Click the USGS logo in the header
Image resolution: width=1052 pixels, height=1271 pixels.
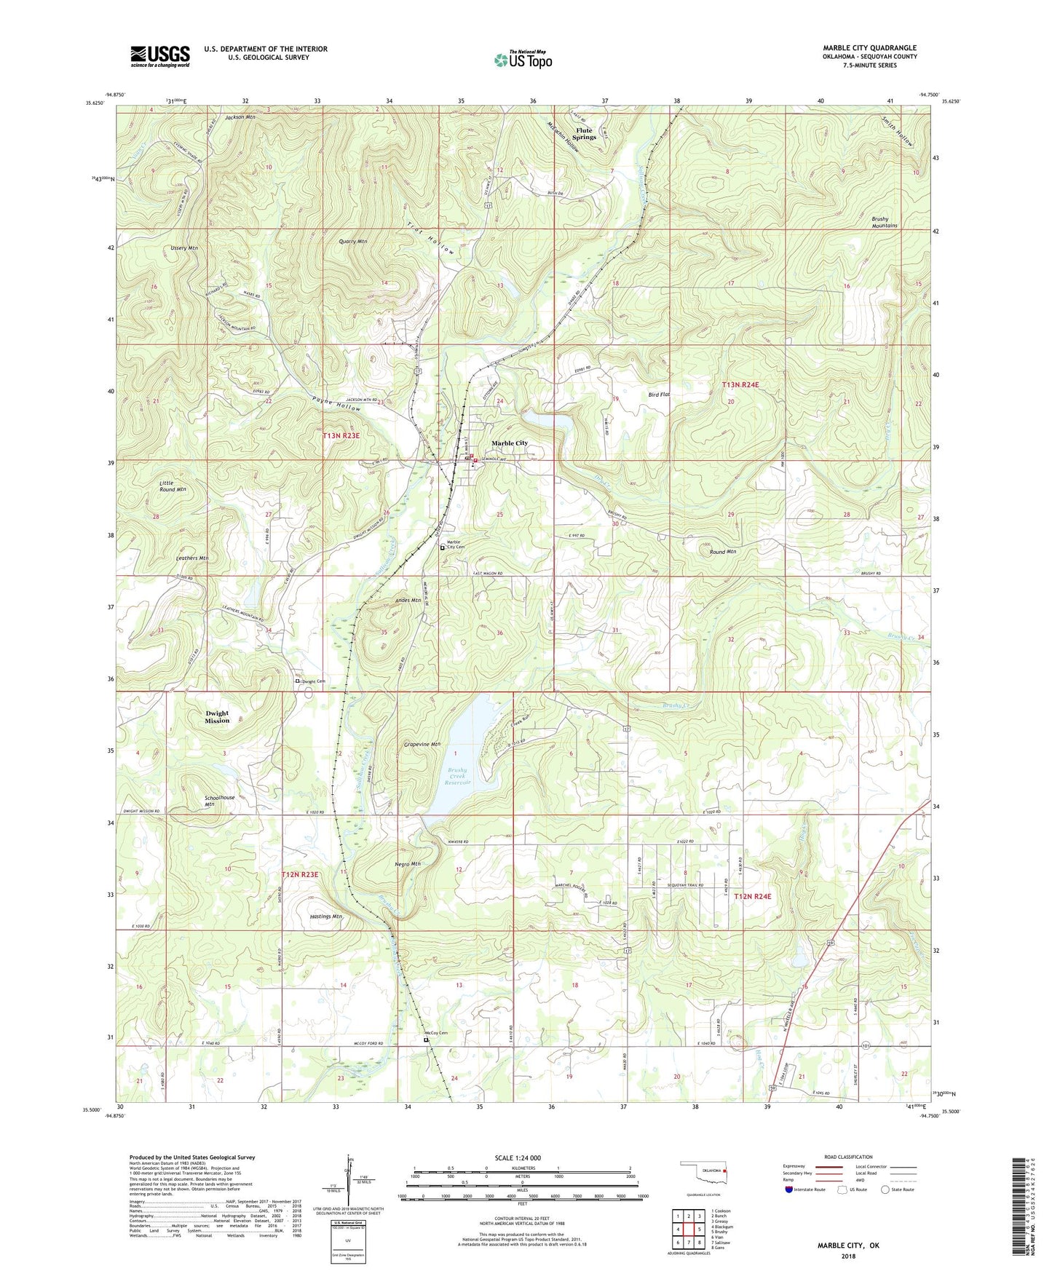(159, 56)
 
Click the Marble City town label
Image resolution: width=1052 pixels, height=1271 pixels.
(509, 443)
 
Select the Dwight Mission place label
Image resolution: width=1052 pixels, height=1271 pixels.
(217, 717)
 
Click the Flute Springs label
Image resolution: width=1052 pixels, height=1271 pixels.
(584, 133)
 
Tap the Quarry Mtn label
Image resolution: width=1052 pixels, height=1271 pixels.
(353, 242)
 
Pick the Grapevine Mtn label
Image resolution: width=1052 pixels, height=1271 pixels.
(422, 745)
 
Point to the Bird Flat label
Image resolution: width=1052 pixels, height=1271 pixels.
(658, 394)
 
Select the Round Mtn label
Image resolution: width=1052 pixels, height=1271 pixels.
(723, 552)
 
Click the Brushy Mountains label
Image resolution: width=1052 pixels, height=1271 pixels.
(884, 222)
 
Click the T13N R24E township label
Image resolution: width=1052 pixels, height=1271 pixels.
(746, 384)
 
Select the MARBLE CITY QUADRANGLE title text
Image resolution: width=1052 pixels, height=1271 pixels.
(869, 48)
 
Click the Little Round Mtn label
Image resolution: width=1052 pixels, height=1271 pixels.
(173, 486)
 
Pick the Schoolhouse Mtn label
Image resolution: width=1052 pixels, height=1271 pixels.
(219, 801)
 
